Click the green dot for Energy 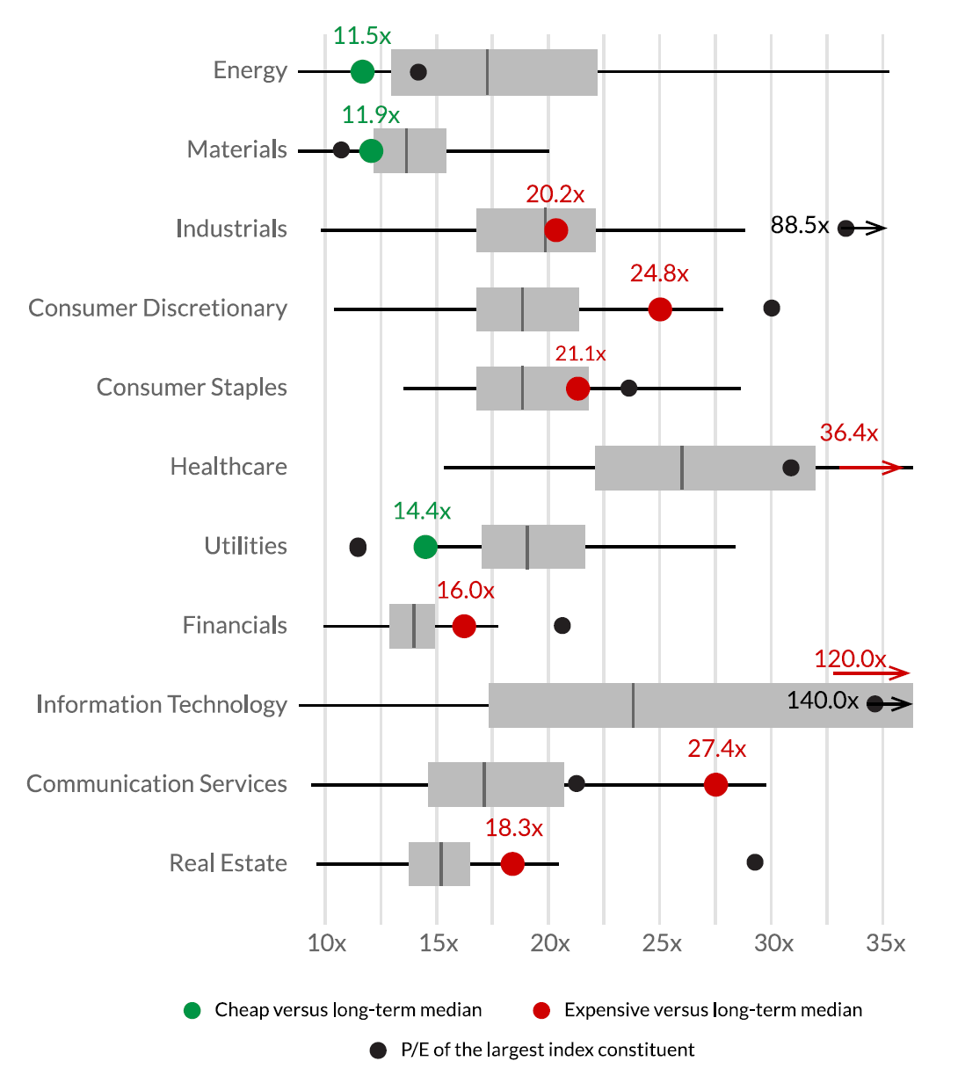click(x=362, y=72)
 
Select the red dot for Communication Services click(x=715, y=785)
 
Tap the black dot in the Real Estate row click(x=754, y=862)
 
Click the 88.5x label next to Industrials click(x=800, y=226)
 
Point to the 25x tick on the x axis click(x=662, y=943)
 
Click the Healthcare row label click(x=229, y=467)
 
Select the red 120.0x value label click(x=849, y=658)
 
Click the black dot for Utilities click(x=358, y=548)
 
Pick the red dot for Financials click(x=464, y=626)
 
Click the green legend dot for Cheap click(x=192, y=1010)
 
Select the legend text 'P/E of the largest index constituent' click(x=548, y=1050)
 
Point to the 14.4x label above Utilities click(x=422, y=511)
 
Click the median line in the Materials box click(x=406, y=151)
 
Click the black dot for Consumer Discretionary click(x=772, y=308)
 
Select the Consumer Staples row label click(x=192, y=388)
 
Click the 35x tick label click(x=885, y=943)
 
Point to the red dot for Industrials click(x=555, y=230)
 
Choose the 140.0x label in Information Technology click(x=823, y=701)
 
